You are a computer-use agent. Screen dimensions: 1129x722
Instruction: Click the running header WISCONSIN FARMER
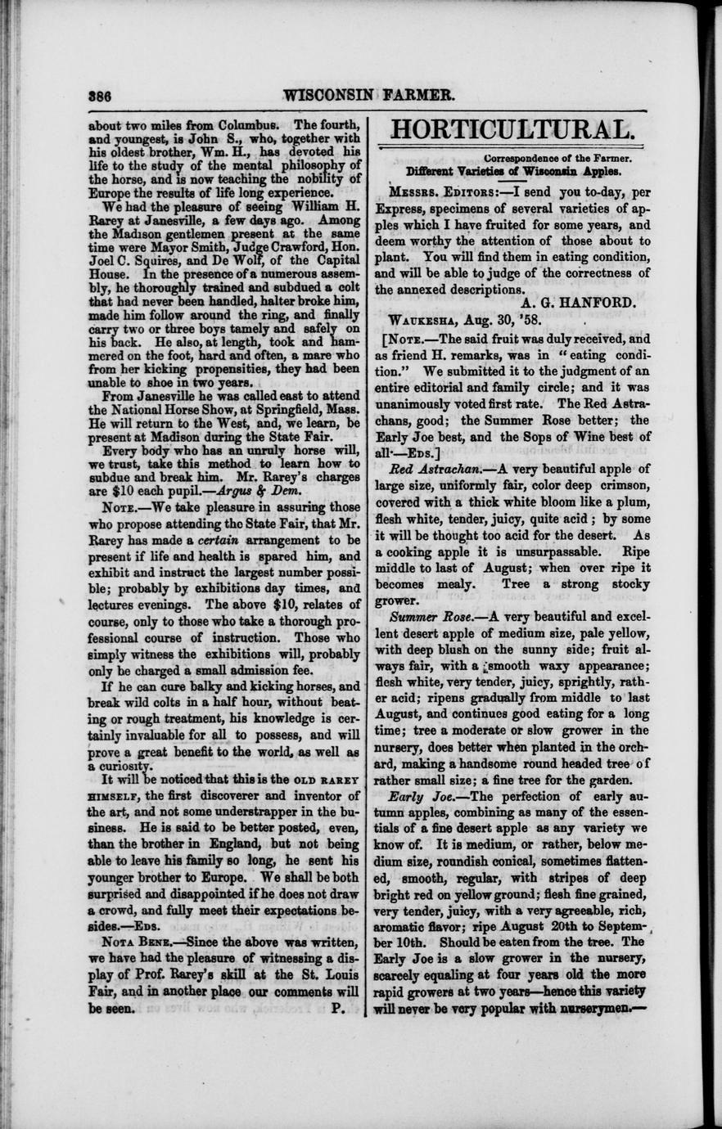(x=368, y=94)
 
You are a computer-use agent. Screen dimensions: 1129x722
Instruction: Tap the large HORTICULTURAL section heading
(x=513, y=129)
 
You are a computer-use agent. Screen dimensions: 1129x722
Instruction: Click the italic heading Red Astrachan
(x=434, y=468)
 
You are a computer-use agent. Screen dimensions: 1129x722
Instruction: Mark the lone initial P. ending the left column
(x=336, y=1009)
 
